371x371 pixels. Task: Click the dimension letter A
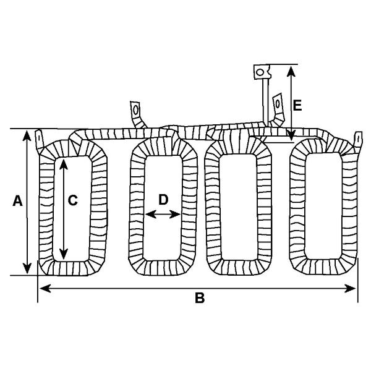(17, 201)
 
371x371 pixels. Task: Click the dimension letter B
(200, 298)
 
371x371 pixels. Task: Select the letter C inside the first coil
(72, 200)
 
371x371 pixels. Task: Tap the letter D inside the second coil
(163, 200)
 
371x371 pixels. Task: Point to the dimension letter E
(297, 106)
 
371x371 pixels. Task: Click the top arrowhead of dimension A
(27, 135)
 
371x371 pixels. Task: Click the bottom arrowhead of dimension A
(27, 268)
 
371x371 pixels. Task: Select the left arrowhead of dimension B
(45, 289)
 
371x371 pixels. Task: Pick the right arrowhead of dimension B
(350, 289)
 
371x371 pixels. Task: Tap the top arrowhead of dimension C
(64, 164)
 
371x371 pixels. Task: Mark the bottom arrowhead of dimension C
(64, 254)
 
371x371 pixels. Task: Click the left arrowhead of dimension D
(151, 215)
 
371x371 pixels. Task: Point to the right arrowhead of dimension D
(175, 215)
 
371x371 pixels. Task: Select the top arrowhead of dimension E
(291, 72)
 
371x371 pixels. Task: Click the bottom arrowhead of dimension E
(291, 136)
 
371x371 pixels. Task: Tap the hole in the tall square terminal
(260, 72)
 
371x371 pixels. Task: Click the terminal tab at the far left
(39, 140)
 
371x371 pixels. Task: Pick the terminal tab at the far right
(358, 142)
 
